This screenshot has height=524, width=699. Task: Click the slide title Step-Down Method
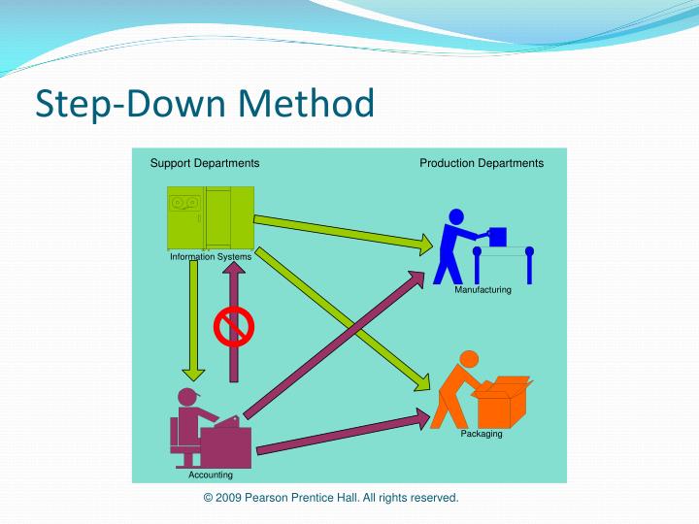pos(205,104)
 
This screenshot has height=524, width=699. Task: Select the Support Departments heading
pos(204,163)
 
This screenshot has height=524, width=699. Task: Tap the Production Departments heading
pos(482,163)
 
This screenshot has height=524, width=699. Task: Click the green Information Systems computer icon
pos(210,217)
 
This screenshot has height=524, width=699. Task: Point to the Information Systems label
pos(211,257)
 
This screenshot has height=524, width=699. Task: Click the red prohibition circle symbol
pos(233,326)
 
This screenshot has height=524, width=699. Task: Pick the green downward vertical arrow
pos(194,320)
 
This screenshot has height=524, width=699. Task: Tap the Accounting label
pos(211,475)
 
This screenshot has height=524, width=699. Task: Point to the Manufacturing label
pos(483,290)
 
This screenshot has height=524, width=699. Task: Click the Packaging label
pos(482,434)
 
